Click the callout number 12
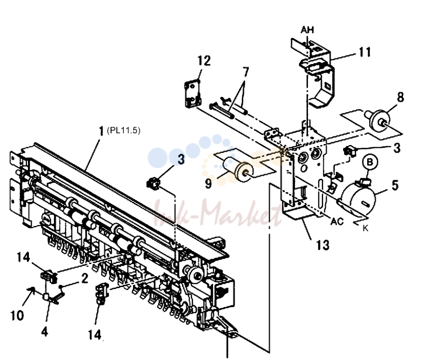[204, 61]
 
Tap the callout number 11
[365, 52]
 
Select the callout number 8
[400, 97]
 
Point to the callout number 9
[208, 184]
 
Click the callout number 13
[323, 245]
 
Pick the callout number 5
[395, 185]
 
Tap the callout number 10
[17, 315]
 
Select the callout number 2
[85, 278]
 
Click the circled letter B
[370, 162]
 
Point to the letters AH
[307, 29]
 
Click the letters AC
[337, 222]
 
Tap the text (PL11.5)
[123, 131]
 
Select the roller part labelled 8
[378, 119]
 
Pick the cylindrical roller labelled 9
[238, 169]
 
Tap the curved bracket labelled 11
[317, 73]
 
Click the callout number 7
[245, 72]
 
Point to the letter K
[366, 228]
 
